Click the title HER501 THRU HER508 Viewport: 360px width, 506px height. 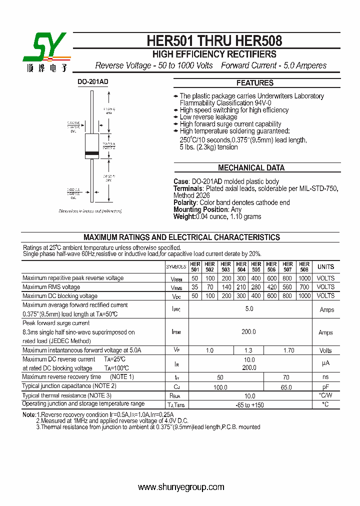point(214,40)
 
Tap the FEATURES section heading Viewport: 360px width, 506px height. point(255,83)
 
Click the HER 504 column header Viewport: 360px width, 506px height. point(241,266)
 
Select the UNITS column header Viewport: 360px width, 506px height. point(325,266)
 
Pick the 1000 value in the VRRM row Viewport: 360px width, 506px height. point(304,278)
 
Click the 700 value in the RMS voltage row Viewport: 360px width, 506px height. point(304,287)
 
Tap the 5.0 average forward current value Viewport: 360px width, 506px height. point(249,309)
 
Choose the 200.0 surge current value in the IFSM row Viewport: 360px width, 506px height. point(248,332)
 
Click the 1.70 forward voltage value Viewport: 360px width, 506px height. point(288,350)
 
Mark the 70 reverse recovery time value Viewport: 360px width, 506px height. point(287,377)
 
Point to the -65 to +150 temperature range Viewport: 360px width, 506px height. point(249,404)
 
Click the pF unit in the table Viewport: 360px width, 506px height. point(325,387)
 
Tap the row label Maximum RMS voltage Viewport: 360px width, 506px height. point(51,287)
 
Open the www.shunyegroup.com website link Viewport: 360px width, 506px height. point(180,487)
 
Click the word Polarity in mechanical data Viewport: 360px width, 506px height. point(184,202)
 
